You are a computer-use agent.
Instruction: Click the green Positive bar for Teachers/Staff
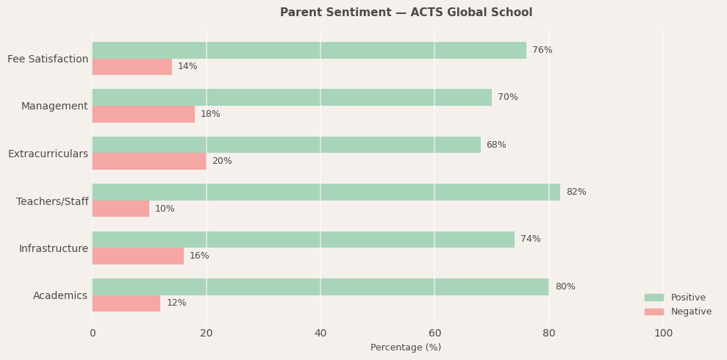tap(326, 192)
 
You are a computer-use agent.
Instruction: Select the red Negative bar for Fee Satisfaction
tap(132, 67)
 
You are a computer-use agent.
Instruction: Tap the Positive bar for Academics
tap(320, 287)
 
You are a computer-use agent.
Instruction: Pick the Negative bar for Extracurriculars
tap(149, 162)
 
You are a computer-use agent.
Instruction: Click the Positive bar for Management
tap(292, 97)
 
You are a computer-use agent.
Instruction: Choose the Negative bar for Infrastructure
tap(137, 256)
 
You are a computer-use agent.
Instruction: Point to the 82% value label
tap(576, 192)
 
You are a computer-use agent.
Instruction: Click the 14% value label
tap(187, 67)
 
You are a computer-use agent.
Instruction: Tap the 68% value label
tap(496, 145)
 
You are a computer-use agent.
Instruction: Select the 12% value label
tap(176, 303)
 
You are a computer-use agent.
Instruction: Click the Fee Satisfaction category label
tap(48, 59)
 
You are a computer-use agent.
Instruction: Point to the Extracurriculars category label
tap(48, 154)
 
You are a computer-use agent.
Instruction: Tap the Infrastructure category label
tap(53, 248)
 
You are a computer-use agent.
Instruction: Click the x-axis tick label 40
tap(320, 334)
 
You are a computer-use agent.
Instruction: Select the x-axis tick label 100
tap(663, 334)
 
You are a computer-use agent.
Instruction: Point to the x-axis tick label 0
tap(93, 334)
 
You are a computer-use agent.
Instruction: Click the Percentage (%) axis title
tap(406, 348)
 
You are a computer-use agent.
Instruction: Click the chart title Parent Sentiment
tap(406, 12)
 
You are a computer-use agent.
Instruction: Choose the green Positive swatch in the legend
tap(653, 298)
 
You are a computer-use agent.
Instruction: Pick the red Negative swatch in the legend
tap(653, 312)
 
